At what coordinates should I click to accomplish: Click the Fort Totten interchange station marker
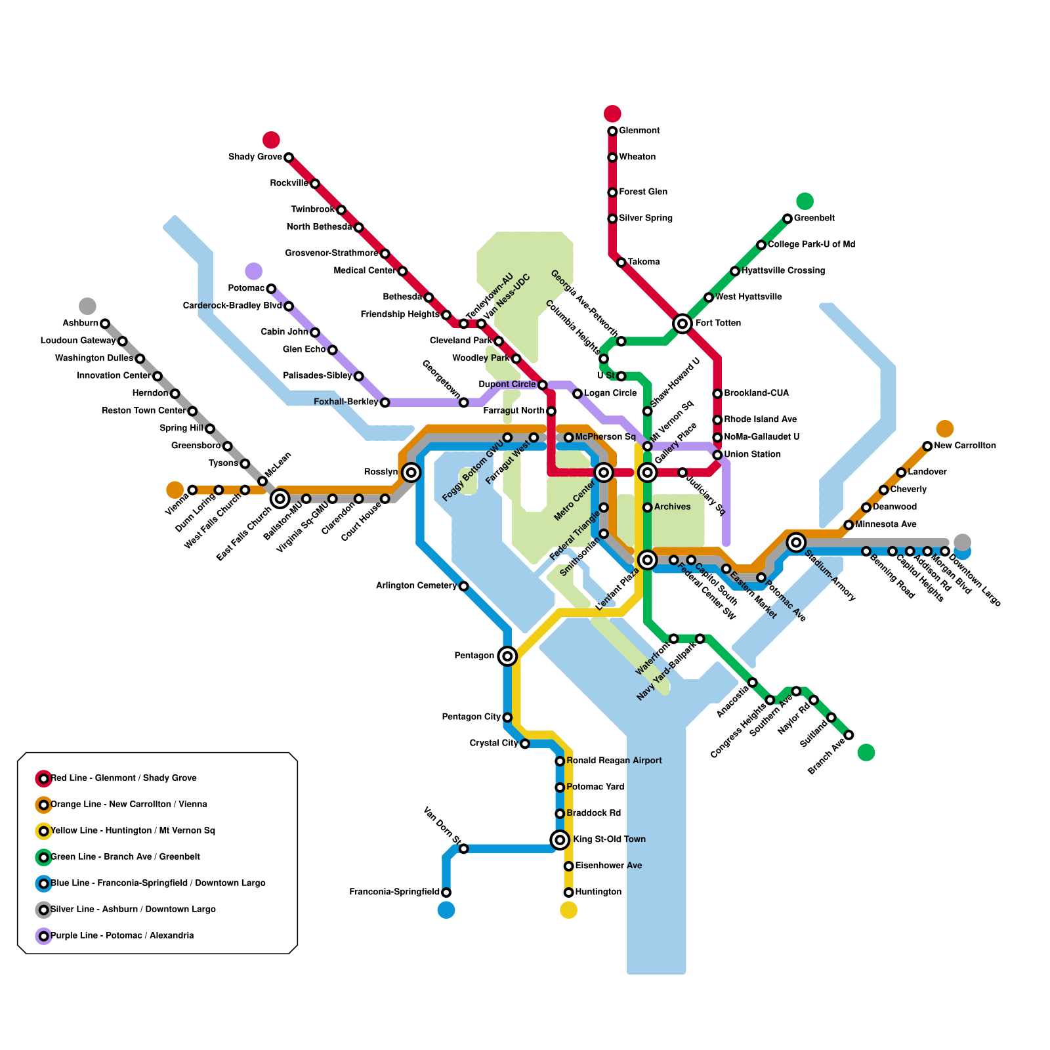682,323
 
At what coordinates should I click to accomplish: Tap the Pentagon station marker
507,656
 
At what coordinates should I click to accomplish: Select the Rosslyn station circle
411,472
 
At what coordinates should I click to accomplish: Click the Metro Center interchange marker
604,472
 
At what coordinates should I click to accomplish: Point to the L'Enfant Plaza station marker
648,560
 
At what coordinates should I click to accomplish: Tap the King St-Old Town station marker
560,839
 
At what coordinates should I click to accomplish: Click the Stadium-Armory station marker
797,542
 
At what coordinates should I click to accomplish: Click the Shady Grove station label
255,157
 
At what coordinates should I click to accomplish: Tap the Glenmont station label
639,131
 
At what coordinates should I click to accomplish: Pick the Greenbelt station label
814,219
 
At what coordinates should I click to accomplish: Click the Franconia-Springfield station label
394,892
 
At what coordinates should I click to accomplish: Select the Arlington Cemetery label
416,586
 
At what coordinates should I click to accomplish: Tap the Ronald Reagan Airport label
614,761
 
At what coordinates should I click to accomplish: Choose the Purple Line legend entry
121,936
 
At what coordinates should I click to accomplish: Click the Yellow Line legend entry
133,831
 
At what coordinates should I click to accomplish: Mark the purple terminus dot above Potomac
254,271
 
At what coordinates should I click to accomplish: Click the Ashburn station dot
105,324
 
